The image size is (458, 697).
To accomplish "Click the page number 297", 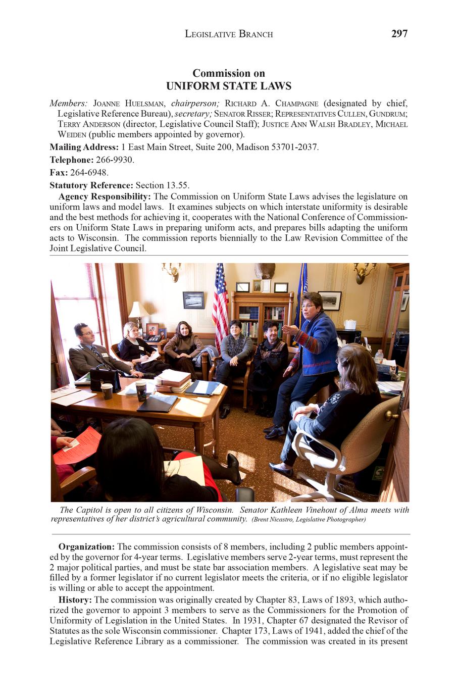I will click(399, 34).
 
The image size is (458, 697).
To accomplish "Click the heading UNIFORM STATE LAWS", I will click(229, 86).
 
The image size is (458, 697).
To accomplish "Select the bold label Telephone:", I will click(71, 160).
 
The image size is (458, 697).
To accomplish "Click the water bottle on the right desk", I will click(378, 357).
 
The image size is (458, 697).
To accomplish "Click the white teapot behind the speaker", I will click(349, 324).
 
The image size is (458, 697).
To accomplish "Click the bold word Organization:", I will click(86, 546).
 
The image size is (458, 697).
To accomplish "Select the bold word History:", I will click(75, 600).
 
